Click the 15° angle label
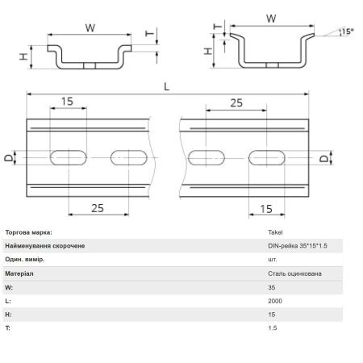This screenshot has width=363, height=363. pos(348,31)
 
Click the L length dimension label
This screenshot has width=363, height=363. pos(167,87)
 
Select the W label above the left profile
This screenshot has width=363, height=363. pos(90,28)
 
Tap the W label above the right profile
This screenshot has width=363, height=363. pos(271,19)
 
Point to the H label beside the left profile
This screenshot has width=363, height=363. pos(23,56)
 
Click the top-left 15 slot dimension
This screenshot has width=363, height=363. pos(67,102)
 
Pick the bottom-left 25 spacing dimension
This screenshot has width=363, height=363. pos(98,208)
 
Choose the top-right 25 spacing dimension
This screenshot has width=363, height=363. pos(236,102)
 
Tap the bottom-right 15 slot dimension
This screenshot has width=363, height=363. pos(266,209)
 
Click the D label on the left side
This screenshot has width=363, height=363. pos(9,157)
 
